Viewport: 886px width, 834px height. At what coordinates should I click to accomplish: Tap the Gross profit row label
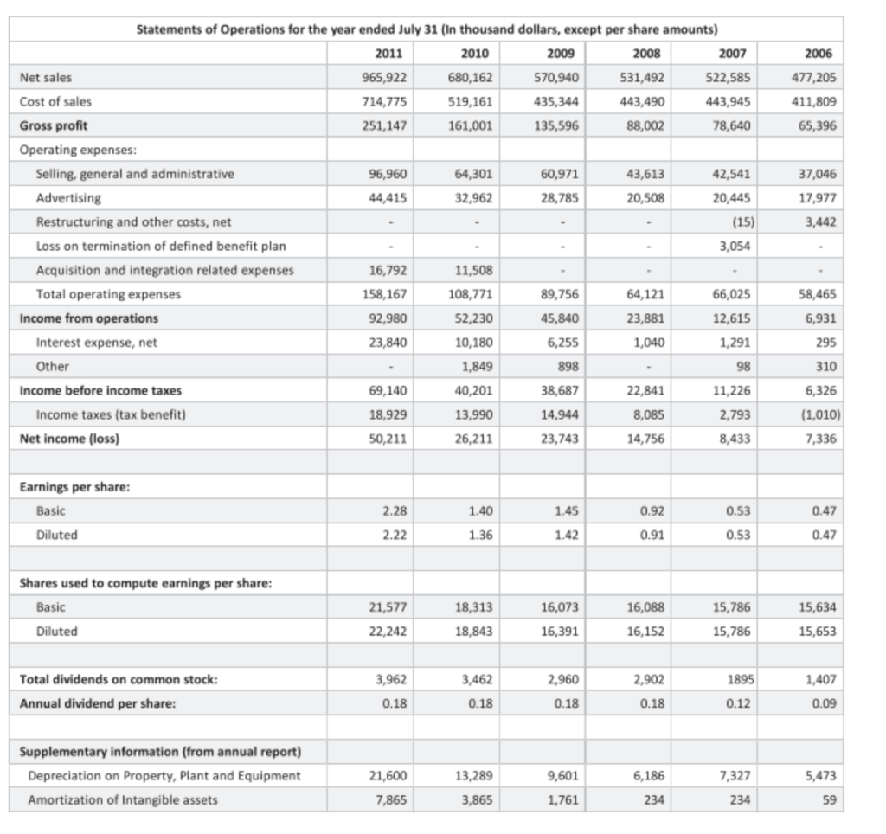(53, 125)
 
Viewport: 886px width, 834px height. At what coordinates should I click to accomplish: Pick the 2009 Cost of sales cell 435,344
(557, 101)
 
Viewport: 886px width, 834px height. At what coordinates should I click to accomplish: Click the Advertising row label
(68, 198)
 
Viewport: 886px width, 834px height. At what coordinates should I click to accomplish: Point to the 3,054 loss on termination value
(735, 246)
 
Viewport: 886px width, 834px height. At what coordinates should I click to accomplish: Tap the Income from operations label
(89, 318)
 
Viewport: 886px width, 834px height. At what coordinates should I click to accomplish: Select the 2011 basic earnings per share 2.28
(395, 510)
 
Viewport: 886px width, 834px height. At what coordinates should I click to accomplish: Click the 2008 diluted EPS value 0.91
(652, 535)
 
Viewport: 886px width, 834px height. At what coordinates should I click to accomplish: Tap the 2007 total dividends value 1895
(737, 679)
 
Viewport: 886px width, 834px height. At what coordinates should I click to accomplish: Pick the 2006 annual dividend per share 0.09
(825, 702)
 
